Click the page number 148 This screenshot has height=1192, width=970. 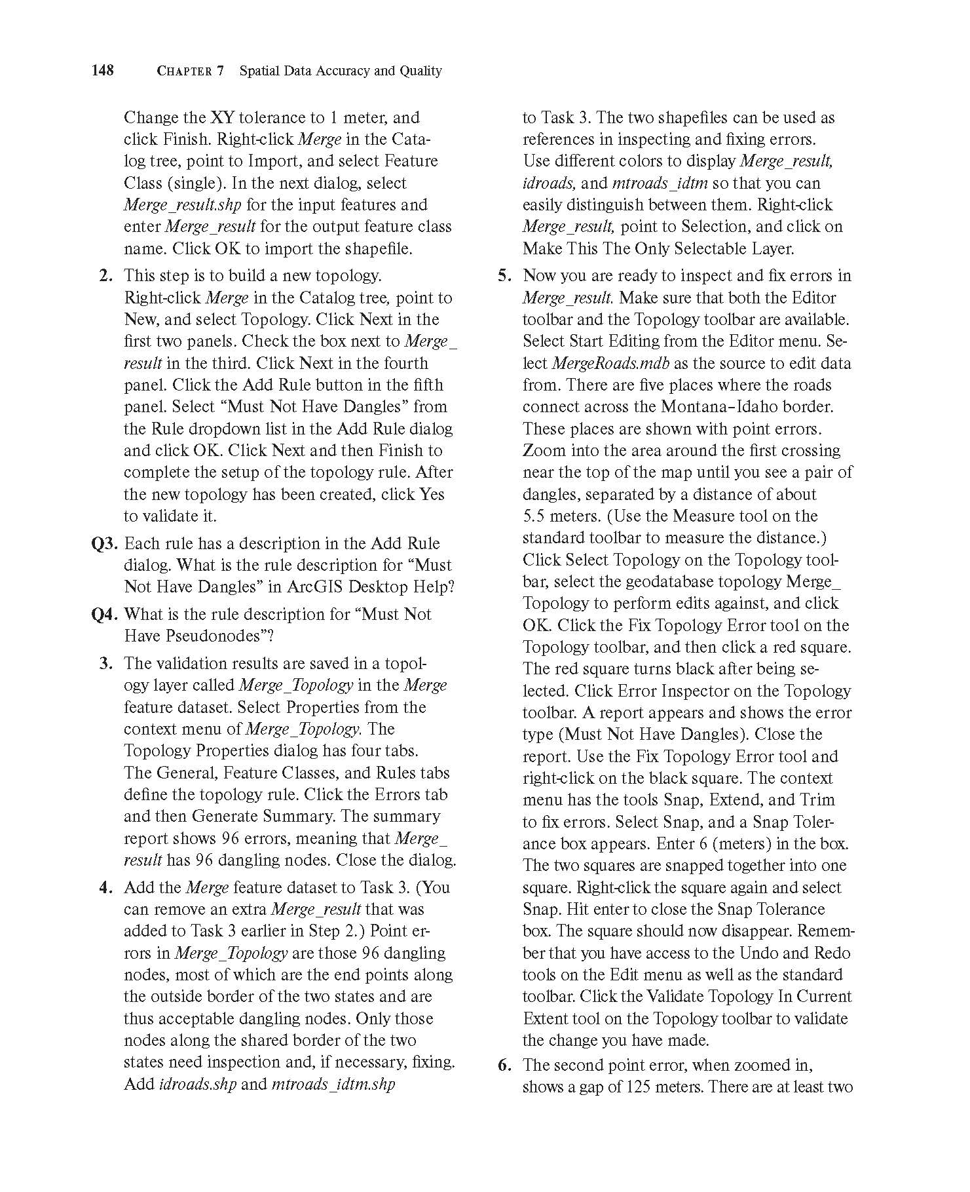coord(103,70)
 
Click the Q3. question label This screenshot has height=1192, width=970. coord(105,544)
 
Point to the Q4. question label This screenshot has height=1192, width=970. coord(105,615)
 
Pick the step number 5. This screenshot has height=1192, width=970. coord(504,276)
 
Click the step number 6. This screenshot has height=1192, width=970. coord(504,1066)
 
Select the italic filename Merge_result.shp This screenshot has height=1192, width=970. coord(183,205)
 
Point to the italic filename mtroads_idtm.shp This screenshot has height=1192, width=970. coord(333,1085)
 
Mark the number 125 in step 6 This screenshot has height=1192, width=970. coord(638,1087)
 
